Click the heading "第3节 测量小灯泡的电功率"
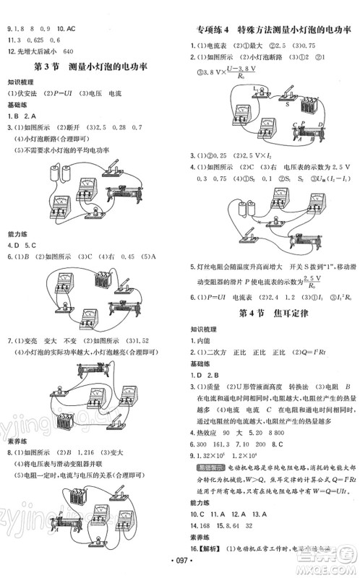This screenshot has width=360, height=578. [91, 66]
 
